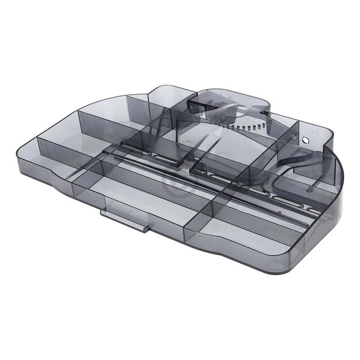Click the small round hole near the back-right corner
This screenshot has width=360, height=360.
306,140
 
